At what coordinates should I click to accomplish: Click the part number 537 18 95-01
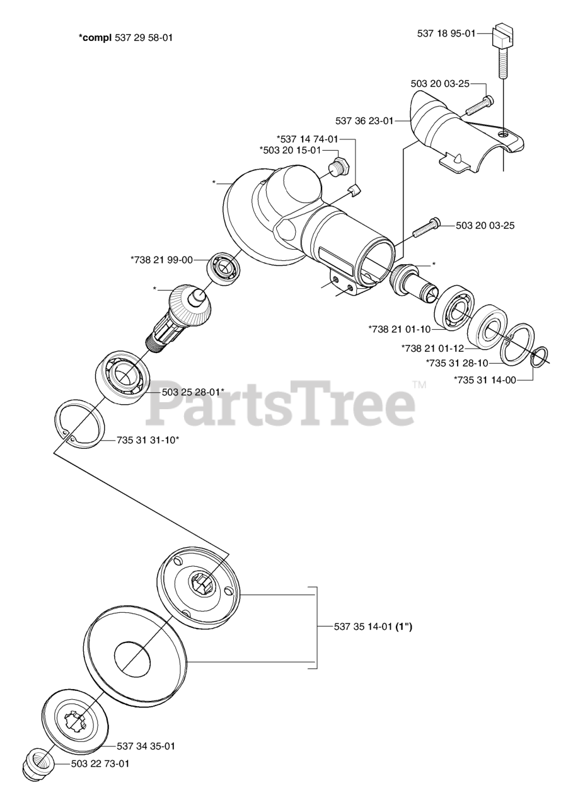coord(446,33)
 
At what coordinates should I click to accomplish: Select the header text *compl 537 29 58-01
coord(125,38)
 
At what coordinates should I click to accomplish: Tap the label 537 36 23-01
coord(364,120)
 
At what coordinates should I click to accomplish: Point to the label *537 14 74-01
coord(308,138)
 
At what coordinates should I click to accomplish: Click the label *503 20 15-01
coord(290,149)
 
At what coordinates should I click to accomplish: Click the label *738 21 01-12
coord(432,347)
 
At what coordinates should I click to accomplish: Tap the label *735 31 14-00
coord(485,380)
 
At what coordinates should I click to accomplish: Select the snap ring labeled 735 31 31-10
coord(81,424)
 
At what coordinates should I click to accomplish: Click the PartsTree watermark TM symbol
coord(419,384)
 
